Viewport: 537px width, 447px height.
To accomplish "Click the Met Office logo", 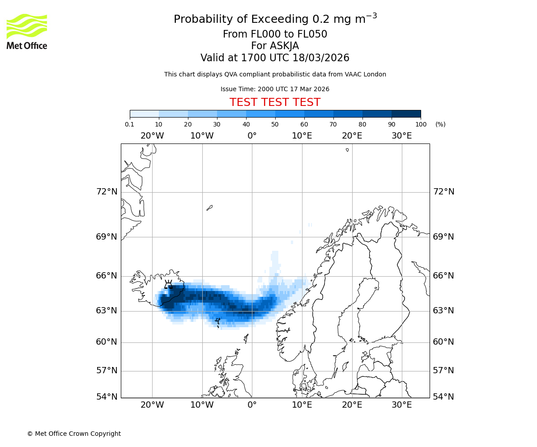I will [27, 31].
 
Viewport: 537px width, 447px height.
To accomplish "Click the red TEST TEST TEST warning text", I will [275, 103].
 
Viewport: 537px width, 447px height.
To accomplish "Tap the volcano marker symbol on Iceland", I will [168, 284].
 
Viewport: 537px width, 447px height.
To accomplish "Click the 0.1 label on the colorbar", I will [130, 124].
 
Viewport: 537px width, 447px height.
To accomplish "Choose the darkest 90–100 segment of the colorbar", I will [406, 114].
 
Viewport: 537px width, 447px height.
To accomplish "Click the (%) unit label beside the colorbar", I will [440, 124].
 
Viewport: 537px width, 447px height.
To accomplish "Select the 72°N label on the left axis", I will [107, 192].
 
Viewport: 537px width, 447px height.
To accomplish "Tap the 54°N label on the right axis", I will [443, 397].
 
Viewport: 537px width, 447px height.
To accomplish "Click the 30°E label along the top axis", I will [401, 136].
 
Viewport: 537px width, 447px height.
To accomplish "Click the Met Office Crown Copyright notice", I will [74, 434].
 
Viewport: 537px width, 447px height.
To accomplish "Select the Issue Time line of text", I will [275, 89].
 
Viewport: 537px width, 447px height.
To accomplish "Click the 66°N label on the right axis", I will [443, 276].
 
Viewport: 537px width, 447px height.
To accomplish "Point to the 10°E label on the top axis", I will [302, 136].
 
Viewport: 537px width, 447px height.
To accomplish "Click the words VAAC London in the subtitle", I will [366, 75].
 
